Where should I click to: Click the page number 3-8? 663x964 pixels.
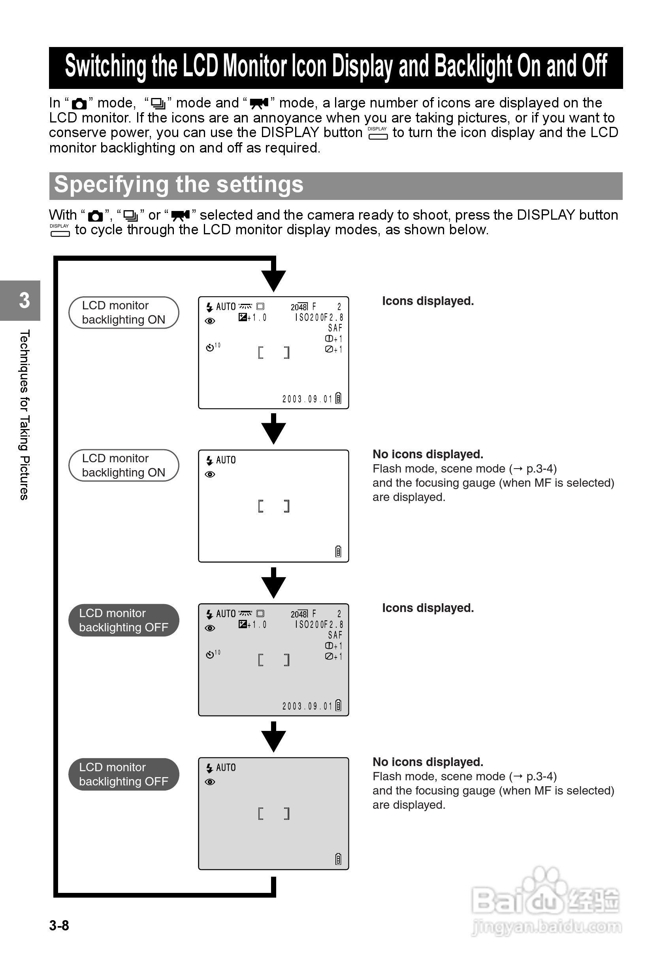pyautogui.click(x=59, y=925)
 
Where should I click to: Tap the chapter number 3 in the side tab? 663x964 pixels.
pyautogui.click(x=24, y=300)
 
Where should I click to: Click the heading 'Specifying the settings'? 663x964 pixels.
pyautogui.click(x=179, y=185)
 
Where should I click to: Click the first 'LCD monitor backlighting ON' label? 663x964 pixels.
pyautogui.click(x=123, y=313)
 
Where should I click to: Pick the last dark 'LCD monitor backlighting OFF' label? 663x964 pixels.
pyautogui.click(x=123, y=774)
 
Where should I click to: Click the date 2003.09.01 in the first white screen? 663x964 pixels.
pyautogui.click(x=307, y=399)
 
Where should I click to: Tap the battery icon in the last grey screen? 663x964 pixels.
pyautogui.click(x=338, y=859)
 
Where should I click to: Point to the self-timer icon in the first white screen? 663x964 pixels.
pyautogui.click(x=210, y=347)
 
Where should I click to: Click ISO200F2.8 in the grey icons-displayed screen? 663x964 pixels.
pyautogui.click(x=319, y=625)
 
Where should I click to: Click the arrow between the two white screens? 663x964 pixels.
pyautogui.click(x=273, y=430)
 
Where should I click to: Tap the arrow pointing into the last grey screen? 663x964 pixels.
pyautogui.click(x=273, y=738)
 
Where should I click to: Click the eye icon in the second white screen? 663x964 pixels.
pyautogui.click(x=210, y=474)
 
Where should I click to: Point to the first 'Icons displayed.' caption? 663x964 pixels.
pyautogui.click(x=428, y=301)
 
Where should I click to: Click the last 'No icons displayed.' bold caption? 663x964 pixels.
pyautogui.click(x=428, y=762)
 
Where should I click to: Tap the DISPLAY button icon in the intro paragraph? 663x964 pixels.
pyautogui.click(x=378, y=133)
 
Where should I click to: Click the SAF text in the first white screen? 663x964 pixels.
pyautogui.click(x=335, y=328)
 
